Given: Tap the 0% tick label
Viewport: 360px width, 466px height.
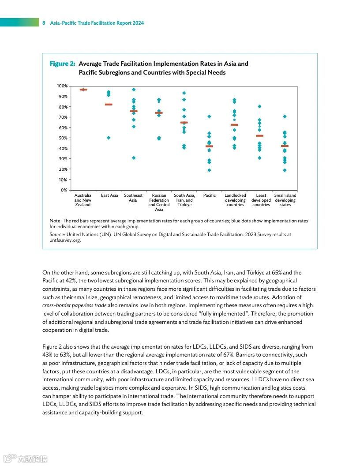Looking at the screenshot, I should point(64,190).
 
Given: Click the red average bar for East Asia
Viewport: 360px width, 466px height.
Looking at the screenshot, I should point(109,105).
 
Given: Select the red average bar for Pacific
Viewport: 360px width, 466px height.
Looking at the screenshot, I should point(209,146).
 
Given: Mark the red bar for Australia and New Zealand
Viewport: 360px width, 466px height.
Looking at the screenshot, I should point(83,90).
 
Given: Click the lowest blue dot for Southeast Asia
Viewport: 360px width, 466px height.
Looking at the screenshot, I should point(134,158).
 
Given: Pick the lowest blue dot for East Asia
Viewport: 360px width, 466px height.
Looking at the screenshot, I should point(109,138).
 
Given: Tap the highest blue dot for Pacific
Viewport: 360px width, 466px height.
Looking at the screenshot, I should point(209,116).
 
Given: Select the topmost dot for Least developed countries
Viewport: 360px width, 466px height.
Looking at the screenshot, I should point(260,106).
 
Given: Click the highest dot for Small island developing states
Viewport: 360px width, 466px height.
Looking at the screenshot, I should point(285,116).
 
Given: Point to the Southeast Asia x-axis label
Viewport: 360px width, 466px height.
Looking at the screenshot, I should point(133,198).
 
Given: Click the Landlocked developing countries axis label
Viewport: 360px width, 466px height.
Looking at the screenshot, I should point(235,200).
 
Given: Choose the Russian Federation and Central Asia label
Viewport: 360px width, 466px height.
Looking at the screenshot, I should point(159,202).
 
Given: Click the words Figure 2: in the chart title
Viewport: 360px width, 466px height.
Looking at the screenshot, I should point(62,64).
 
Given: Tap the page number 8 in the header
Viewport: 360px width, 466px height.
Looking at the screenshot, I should point(44,23).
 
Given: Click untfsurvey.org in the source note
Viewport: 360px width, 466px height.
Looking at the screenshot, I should point(65,241).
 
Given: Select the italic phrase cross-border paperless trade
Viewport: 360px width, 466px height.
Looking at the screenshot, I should point(74,305).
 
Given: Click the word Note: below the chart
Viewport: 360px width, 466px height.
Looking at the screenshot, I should point(55,221).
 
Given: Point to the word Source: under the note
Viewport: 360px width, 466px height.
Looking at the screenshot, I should point(58,235).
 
